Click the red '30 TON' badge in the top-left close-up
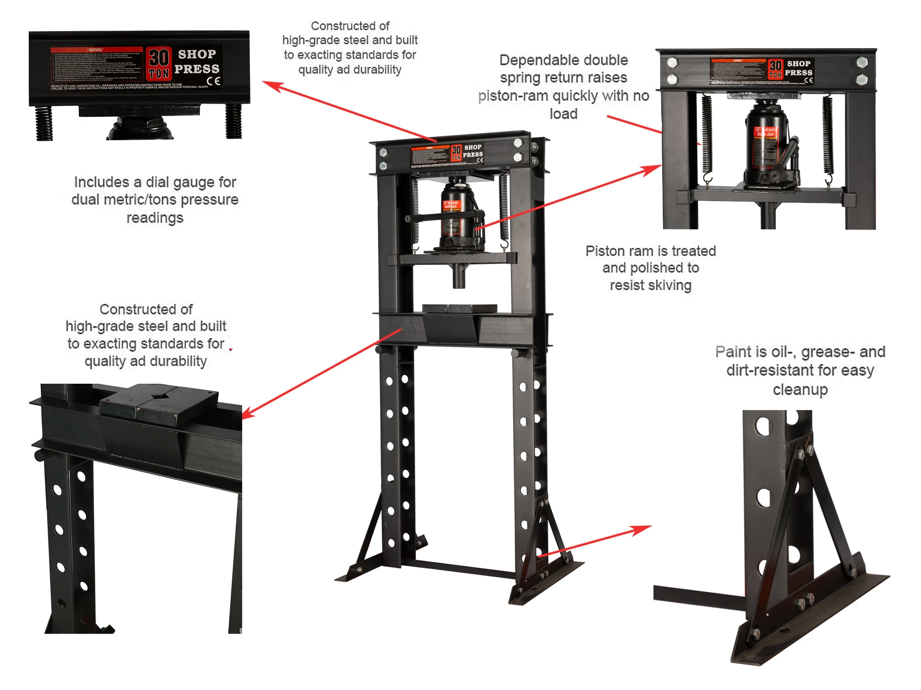click(159, 64)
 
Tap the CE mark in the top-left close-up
click(213, 81)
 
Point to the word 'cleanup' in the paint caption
click(800, 390)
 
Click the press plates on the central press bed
click(459, 308)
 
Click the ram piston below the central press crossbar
click(459, 278)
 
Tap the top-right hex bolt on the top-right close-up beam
click(862, 62)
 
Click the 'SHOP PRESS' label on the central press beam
click(472, 151)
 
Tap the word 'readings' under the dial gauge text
click(155, 218)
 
